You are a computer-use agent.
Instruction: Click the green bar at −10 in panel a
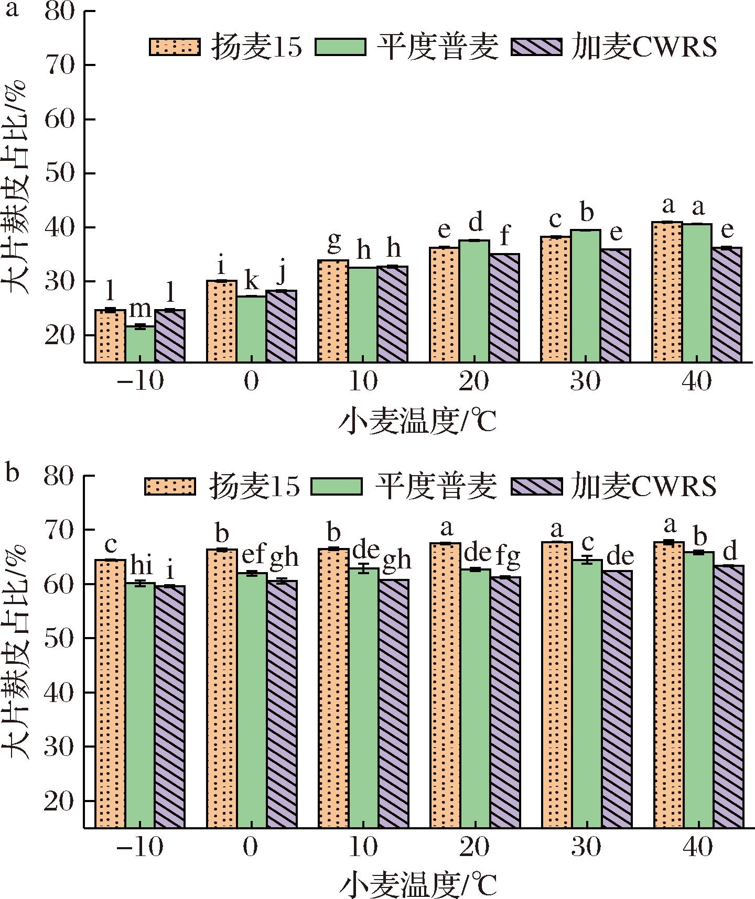point(140,344)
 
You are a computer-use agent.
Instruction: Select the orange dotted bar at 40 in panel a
point(667,292)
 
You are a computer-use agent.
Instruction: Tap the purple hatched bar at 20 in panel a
point(504,308)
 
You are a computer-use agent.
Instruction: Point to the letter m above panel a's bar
point(140,310)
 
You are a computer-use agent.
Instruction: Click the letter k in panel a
point(251,282)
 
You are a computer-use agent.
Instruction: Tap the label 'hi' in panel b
point(140,566)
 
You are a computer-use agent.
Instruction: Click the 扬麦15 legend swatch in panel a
point(175,47)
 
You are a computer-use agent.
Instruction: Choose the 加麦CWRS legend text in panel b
point(644,486)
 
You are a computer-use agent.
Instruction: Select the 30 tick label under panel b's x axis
point(586,847)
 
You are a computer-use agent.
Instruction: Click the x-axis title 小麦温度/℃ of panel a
point(417,423)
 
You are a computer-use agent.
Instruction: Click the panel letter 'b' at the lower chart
point(12,473)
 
